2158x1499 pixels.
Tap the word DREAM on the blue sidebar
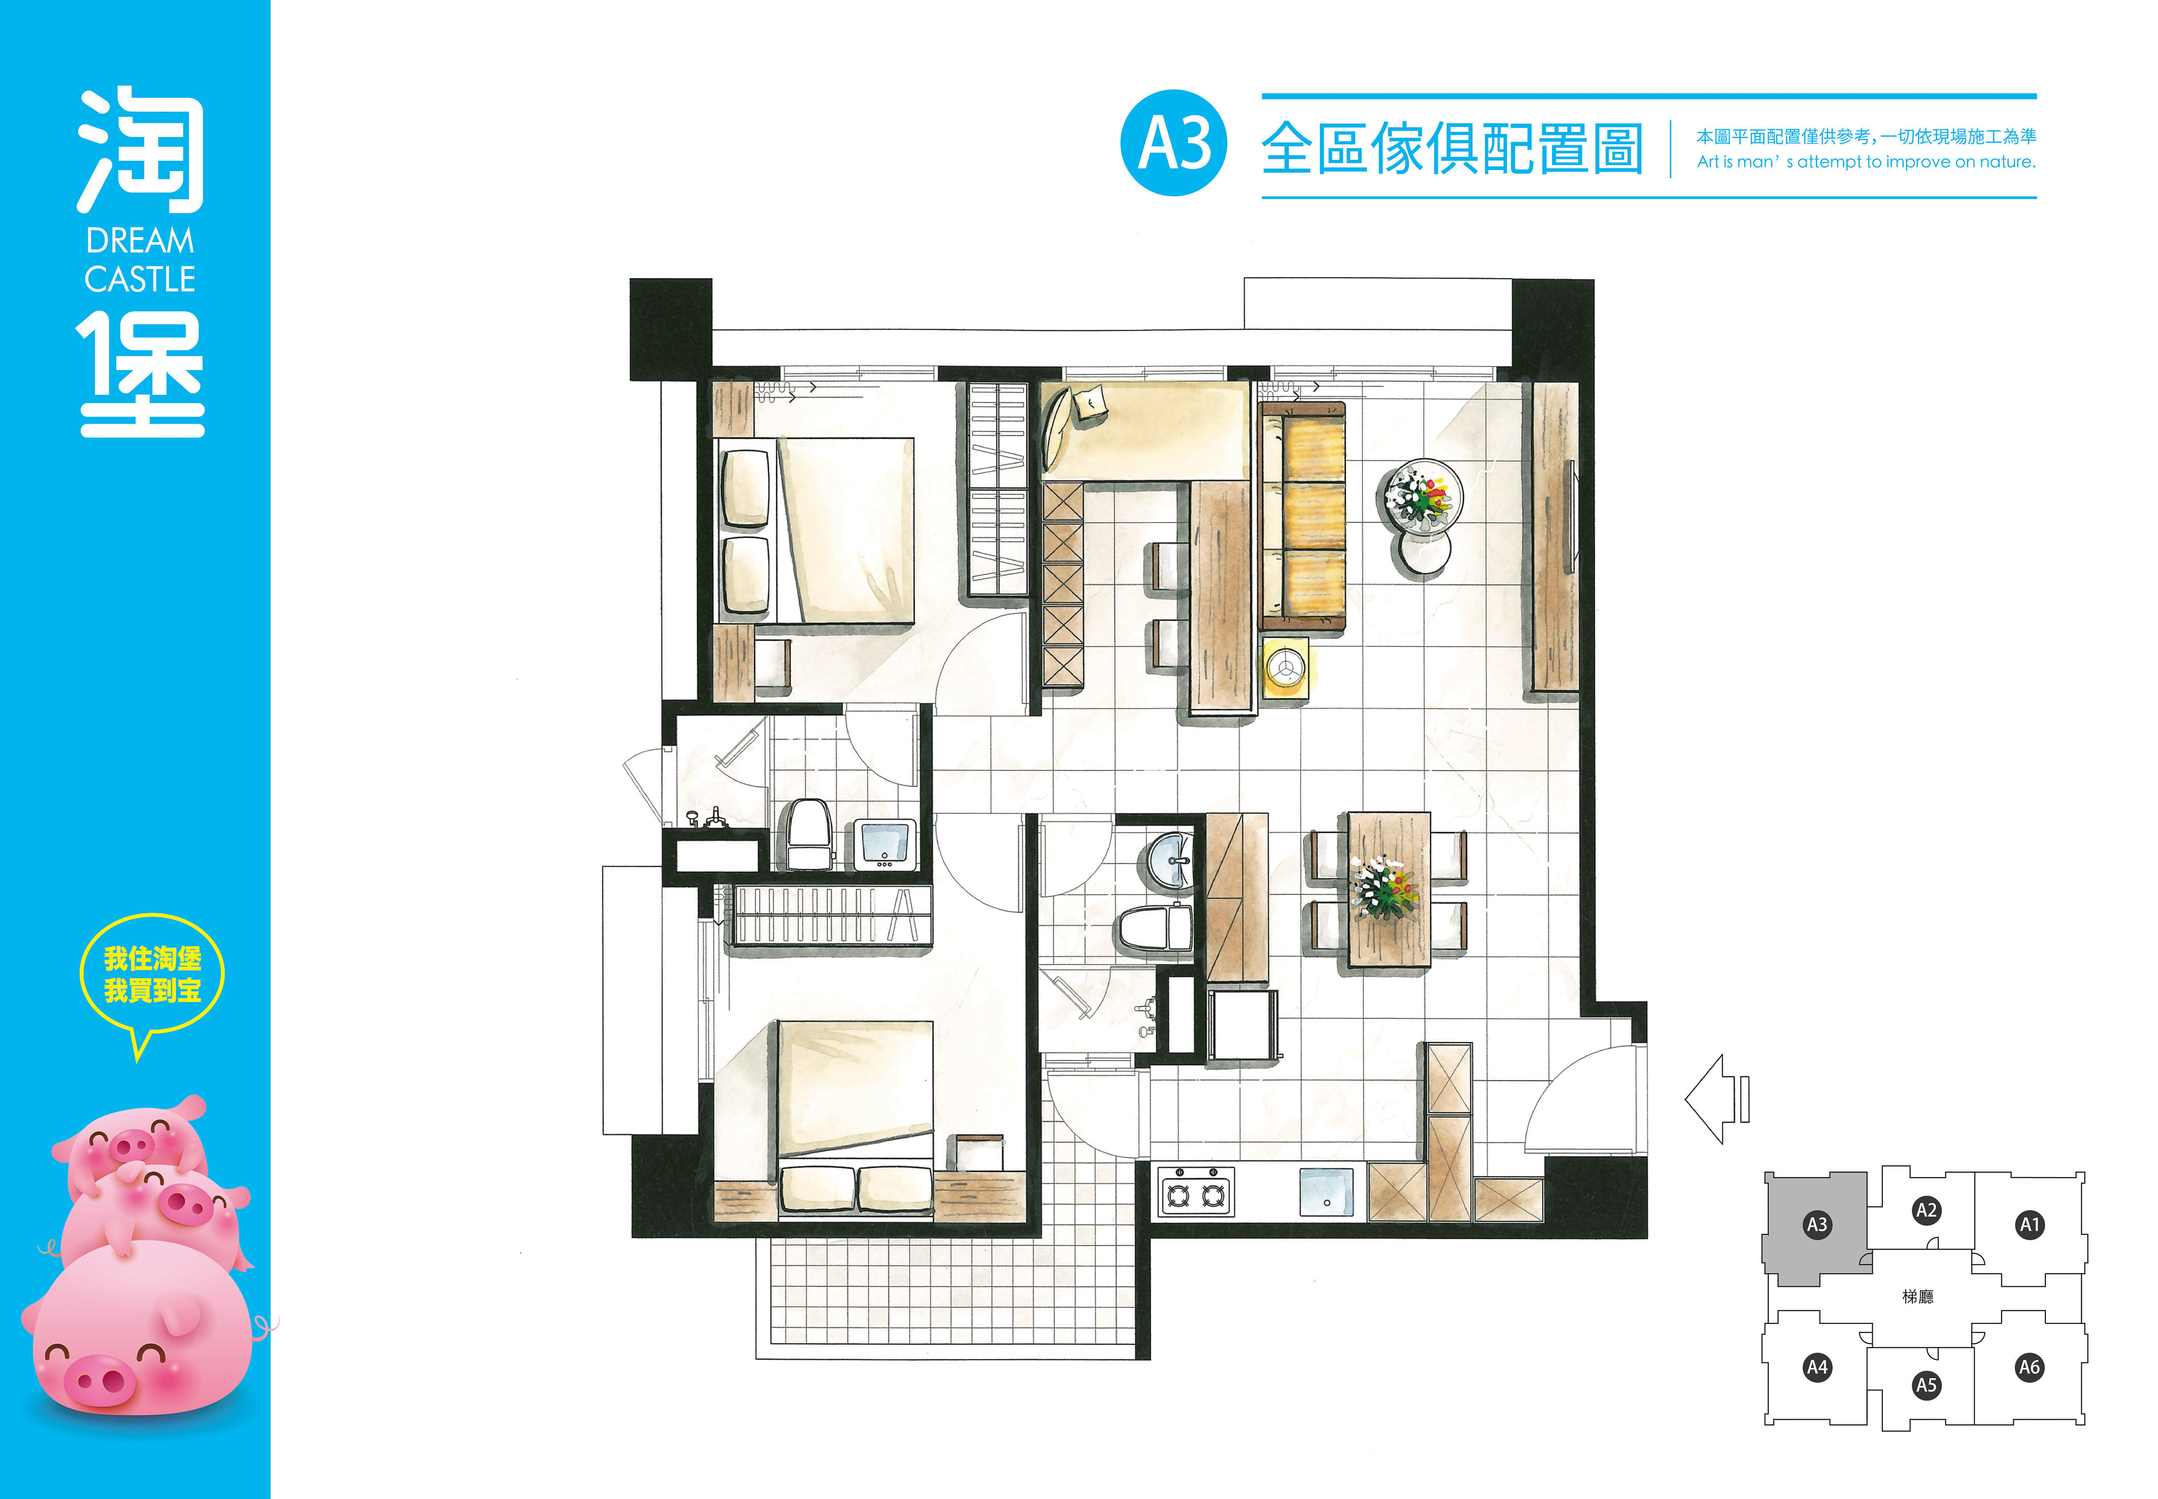point(140,242)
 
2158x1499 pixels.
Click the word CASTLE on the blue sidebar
point(140,279)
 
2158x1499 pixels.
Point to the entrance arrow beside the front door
point(1716,1099)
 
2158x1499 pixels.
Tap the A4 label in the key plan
point(1817,1367)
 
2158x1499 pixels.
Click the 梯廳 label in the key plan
point(1917,1296)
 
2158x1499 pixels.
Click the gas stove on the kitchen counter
point(1195,1192)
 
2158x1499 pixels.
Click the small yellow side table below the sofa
point(1285,668)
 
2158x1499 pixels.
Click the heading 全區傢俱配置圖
point(1452,148)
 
